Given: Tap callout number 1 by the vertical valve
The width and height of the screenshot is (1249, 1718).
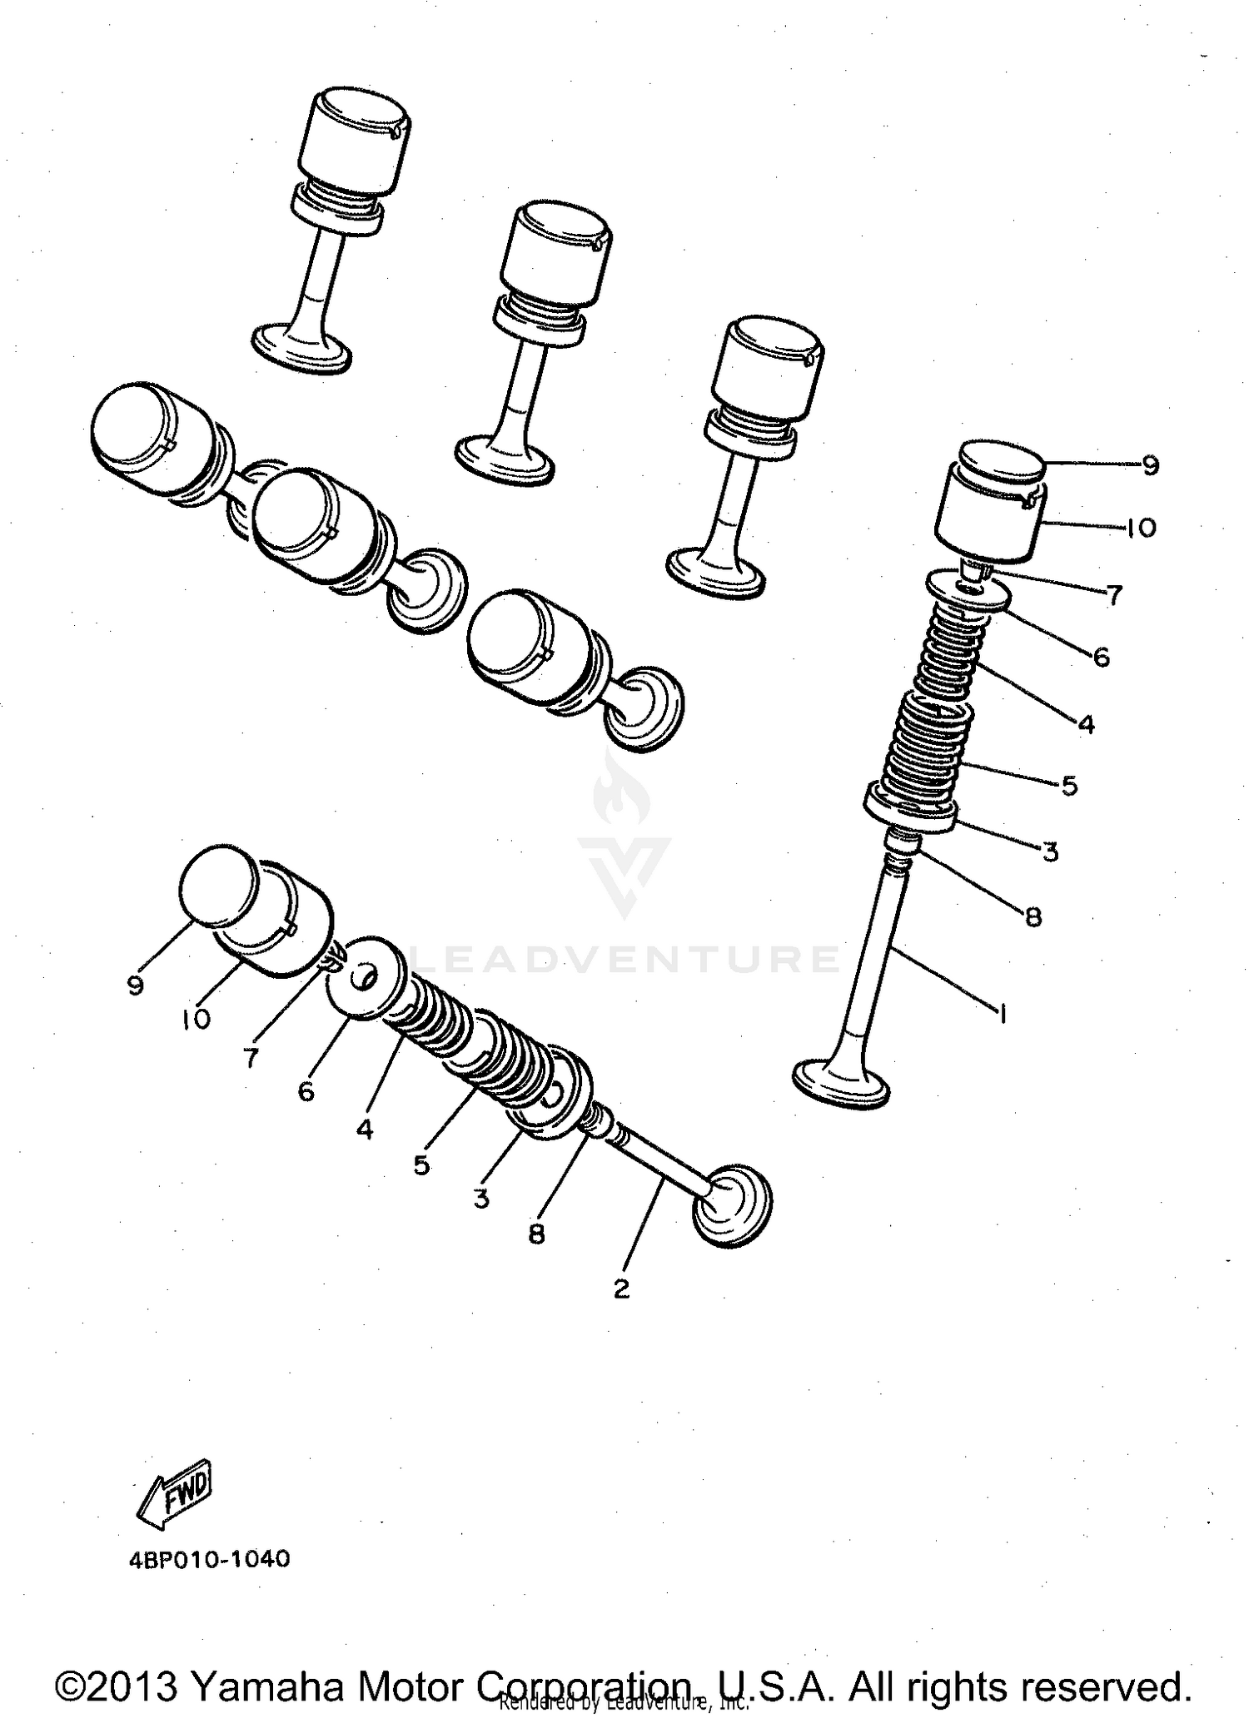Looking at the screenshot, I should point(1003,1014).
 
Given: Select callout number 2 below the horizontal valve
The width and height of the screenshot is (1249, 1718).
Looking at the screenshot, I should point(621,1289).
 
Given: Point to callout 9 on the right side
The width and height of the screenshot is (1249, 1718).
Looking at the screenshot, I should point(1150,465).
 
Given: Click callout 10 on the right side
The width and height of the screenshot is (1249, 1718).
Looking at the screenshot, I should point(1142,528).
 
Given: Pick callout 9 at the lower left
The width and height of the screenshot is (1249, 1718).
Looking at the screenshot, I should point(135,985).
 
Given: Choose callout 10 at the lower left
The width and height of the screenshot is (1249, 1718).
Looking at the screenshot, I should point(197,1020).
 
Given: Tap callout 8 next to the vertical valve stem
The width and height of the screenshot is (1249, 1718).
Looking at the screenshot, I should point(1033,916).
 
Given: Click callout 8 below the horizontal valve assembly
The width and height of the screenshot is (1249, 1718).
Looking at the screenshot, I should point(536,1234).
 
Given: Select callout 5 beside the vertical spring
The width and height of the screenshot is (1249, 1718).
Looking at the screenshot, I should point(1070,785).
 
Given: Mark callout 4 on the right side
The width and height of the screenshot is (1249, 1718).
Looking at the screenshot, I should point(1086,723).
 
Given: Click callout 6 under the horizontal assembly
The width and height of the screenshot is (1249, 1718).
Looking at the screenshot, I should point(306,1091).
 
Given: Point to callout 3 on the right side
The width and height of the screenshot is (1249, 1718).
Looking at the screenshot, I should point(1050,852).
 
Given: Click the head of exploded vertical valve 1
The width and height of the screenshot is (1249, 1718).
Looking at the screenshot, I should point(843,1083).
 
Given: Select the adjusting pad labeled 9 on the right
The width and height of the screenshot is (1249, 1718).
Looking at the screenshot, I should point(1003,463).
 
